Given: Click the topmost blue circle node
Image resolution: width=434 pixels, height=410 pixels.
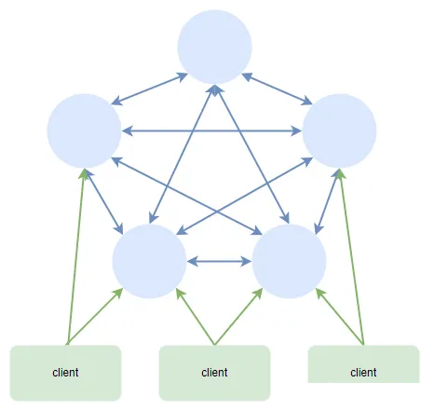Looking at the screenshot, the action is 214,47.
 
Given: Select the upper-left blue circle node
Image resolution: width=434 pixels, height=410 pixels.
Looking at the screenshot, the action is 84,130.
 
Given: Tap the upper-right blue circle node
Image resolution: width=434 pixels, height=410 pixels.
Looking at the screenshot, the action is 339,130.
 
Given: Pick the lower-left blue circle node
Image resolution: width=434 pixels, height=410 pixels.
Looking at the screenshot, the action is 149,261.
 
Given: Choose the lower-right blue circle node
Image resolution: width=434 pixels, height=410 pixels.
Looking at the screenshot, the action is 289,261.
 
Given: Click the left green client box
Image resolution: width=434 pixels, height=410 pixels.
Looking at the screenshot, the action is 65,373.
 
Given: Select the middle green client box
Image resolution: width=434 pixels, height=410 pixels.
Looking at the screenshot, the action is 214,373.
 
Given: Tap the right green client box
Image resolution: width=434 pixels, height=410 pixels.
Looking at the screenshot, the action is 363,364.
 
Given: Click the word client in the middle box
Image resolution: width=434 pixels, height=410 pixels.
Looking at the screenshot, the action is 214,372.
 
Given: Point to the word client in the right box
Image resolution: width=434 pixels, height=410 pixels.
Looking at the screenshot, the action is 363,372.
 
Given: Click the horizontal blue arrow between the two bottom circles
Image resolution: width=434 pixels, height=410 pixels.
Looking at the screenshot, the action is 219,262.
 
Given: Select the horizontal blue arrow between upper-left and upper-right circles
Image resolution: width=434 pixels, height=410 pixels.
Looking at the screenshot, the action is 211,131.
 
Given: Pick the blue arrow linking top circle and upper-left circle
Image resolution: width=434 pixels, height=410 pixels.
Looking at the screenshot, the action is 149,89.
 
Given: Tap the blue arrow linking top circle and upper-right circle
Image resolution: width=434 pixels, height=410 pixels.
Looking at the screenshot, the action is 277,89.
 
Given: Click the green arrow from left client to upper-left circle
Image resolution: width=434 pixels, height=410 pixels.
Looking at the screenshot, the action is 76,256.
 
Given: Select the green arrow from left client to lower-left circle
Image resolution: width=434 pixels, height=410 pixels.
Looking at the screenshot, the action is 95,317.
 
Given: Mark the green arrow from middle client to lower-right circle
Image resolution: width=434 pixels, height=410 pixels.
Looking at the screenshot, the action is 238,317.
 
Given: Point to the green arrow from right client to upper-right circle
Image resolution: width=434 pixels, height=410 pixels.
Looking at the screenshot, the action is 352,256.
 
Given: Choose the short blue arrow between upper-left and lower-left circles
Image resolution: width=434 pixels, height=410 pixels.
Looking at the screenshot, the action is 103,201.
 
